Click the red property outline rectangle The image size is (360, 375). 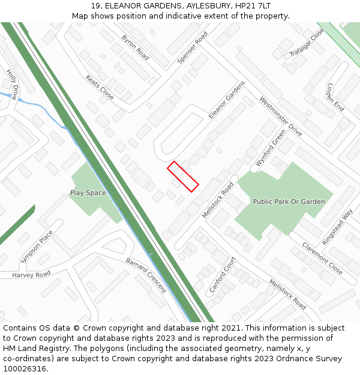[183, 176]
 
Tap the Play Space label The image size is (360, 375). [88, 193]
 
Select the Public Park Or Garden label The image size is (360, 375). [289, 202]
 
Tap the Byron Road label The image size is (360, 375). [135, 47]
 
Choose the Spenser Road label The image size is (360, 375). [192, 48]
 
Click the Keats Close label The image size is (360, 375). [100, 87]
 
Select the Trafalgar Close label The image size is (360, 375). [306, 43]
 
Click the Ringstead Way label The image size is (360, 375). [337, 226]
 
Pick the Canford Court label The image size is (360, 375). [222, 275]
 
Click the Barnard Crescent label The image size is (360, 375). [146, 275]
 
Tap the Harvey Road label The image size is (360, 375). [31, 275]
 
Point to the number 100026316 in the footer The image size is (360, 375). [25, 369]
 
